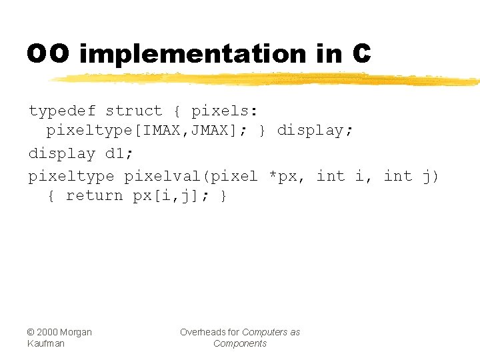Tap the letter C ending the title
[x=361, y=54]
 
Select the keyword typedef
[x=62, y=111]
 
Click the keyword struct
[x=133, y=111]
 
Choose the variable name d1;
[x=119, y=153]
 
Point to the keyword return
[x=95, y=196]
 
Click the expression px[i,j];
[x=171, y=196]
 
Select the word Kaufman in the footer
[x=46, y=343]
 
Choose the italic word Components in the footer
[x=239, y=343]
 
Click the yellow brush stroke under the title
[x=267, y=79]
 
